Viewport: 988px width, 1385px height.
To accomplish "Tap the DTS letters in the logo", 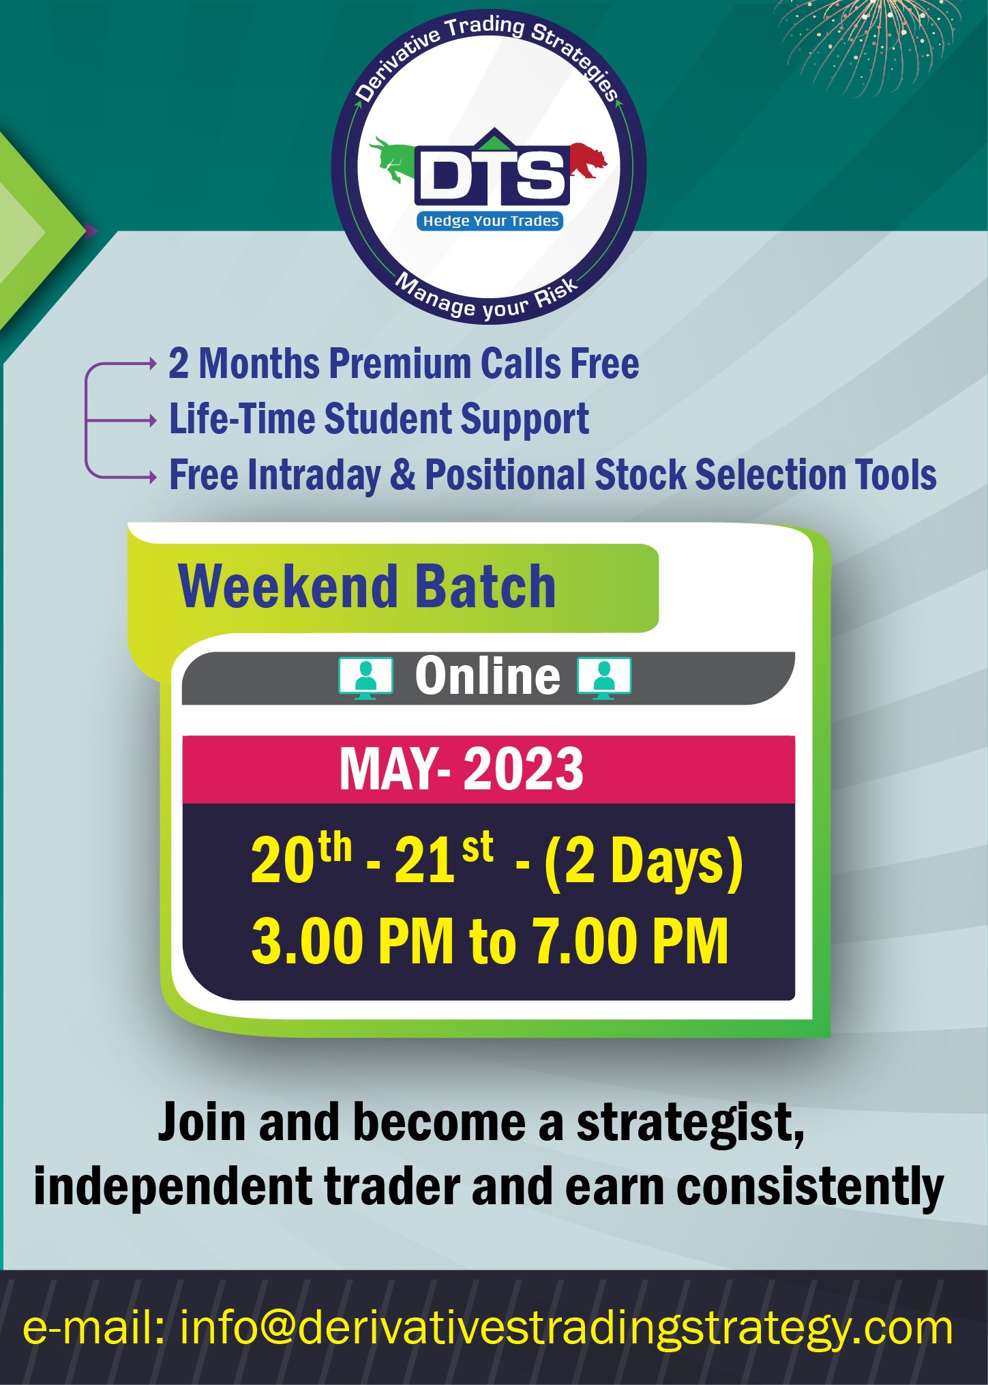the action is click(492, 175).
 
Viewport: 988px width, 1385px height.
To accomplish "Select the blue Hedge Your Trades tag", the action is click(490, 221).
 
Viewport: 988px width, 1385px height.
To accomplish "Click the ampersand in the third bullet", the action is click(402, 475).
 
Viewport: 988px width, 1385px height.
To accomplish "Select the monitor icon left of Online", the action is click(366, 678).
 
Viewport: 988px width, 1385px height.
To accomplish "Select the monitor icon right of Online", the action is click(604, 678).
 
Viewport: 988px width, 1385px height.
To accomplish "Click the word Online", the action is click(488, 676).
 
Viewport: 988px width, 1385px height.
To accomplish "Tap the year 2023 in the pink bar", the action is click(523, 769).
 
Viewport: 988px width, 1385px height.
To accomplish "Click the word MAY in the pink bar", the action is click(389, 769).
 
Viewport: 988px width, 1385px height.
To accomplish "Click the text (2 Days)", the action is click(643, 862).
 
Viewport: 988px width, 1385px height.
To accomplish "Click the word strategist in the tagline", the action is click(690, 1124).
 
